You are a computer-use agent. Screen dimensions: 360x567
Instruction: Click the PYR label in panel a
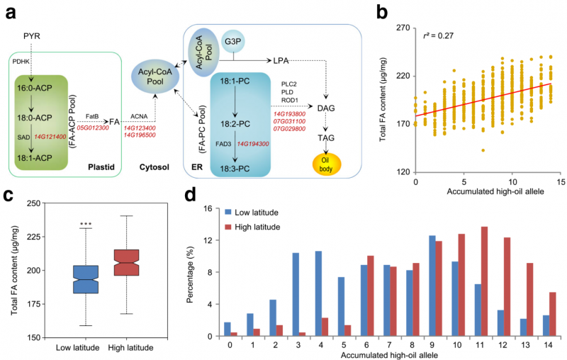(x=32, y=35)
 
